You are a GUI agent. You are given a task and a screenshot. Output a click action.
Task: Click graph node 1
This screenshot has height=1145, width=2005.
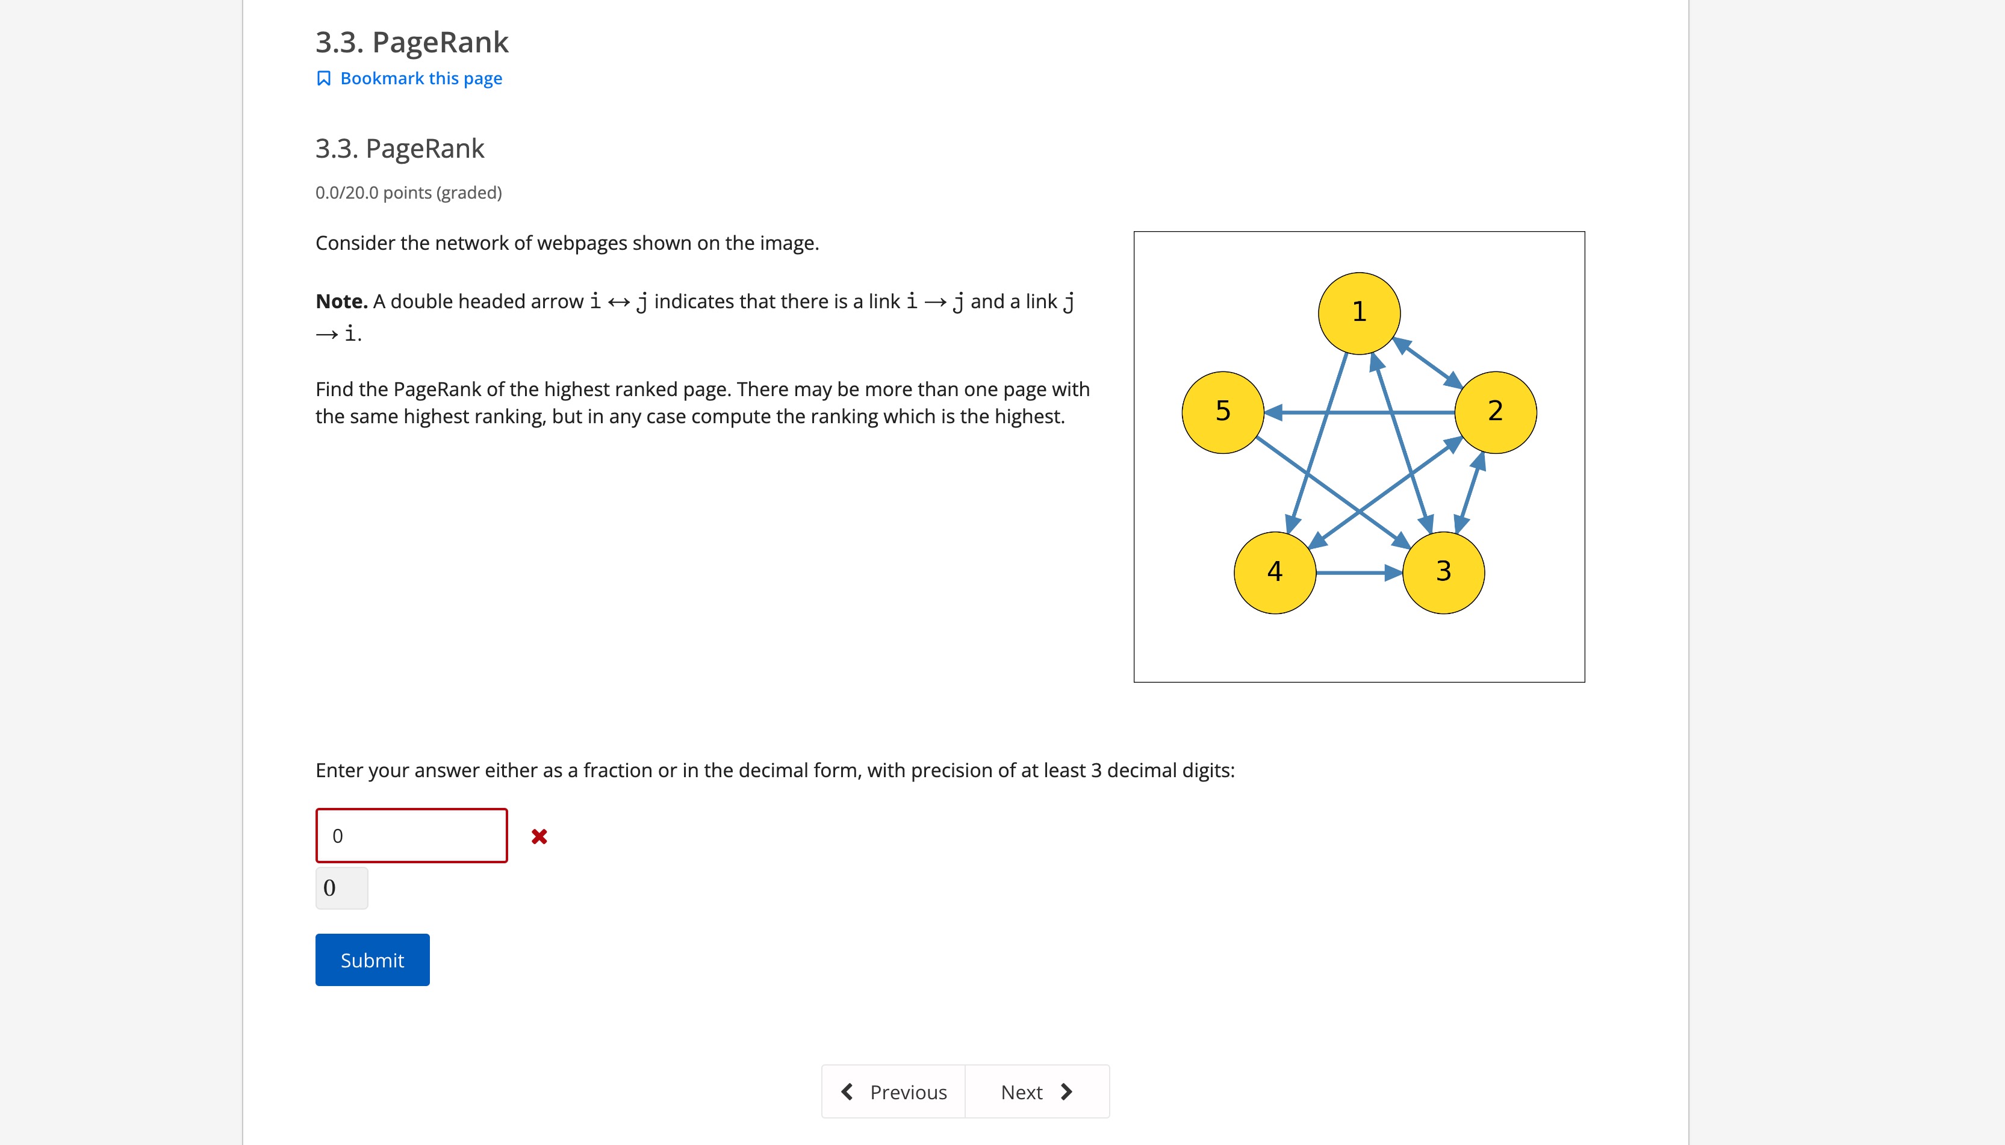point(1359,313)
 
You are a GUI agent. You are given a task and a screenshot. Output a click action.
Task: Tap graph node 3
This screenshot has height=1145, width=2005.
point(1443,572)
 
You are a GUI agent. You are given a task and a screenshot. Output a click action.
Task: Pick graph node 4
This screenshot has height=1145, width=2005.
point(1275,572)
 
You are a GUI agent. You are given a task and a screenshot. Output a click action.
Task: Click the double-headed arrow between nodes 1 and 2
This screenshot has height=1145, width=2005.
point(1427,362)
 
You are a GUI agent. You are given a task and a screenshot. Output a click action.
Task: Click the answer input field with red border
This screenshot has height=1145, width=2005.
point(411,835)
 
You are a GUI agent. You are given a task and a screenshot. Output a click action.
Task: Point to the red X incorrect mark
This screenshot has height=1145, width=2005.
point(539,836)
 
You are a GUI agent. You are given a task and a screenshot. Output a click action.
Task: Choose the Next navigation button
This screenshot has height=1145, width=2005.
point(1036,1091)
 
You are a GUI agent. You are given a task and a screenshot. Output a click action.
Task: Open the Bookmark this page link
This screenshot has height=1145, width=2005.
point(421,79)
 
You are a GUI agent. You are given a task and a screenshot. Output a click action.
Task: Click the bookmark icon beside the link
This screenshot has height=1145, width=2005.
point(323,79)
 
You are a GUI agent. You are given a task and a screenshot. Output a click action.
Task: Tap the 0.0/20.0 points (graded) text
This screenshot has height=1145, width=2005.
point(408,193)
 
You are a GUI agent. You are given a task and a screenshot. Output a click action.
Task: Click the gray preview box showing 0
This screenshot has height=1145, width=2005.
point(341,888)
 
